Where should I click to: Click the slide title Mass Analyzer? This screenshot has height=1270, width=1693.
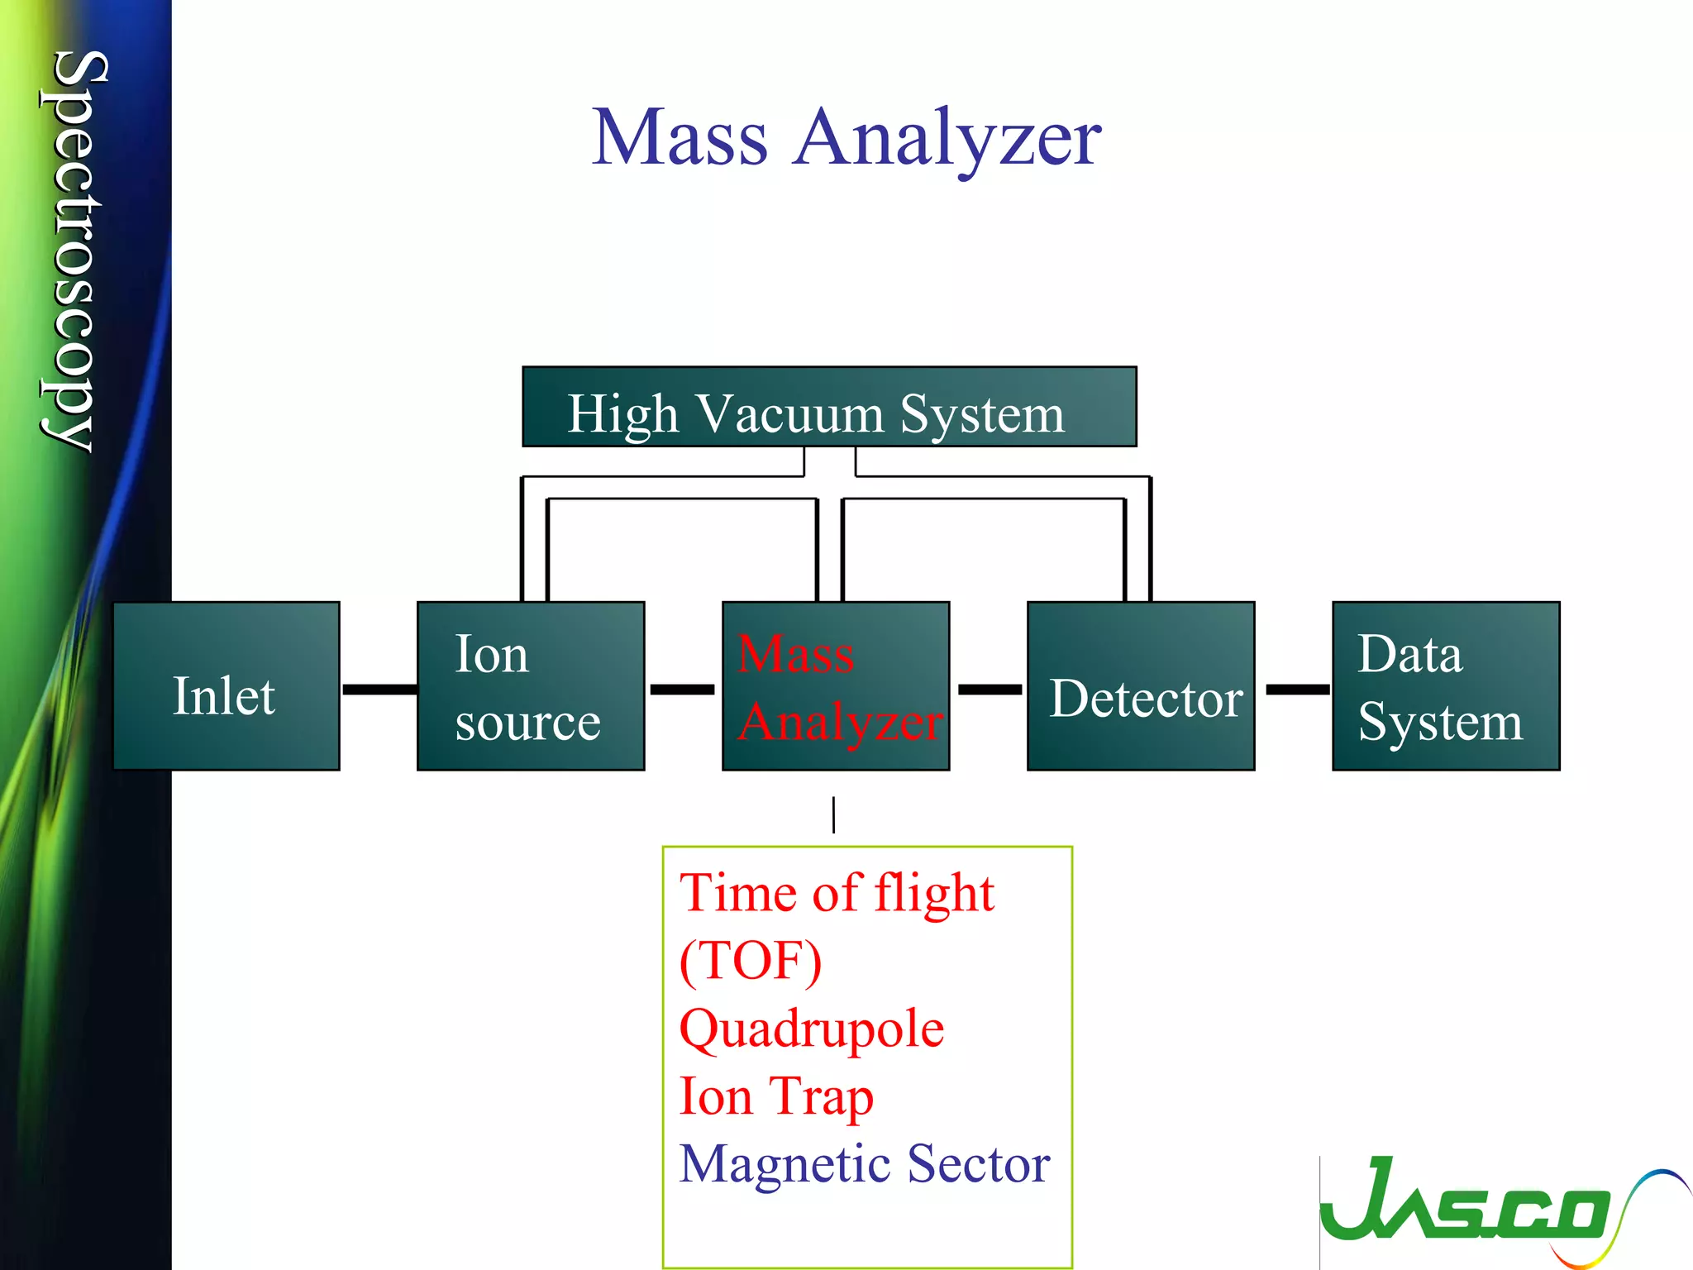tap(846, 138)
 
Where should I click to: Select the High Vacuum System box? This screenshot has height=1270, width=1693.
tap(829, 407)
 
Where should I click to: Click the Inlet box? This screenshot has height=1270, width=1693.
tap(226, 686)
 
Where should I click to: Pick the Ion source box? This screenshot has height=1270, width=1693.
tap(530, 686)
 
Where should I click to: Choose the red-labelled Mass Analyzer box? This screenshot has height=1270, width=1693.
tap(836, 686)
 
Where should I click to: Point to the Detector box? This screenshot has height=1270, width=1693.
tap(1141, 686)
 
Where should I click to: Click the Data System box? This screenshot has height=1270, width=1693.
tap(1446, 686)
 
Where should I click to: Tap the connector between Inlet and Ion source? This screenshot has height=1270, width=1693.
tap(379, 689)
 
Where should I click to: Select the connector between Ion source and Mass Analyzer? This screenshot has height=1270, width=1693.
tap(682, 689)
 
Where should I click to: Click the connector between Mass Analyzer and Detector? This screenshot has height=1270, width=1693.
tap(990, 689)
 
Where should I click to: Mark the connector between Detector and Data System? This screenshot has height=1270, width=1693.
tap(1297, 689)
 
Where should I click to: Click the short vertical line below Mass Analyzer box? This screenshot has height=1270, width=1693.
tap(833, 814)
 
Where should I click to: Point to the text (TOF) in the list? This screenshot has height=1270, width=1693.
tap(750, 961)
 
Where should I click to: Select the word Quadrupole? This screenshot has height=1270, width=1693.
tap(811, 1029)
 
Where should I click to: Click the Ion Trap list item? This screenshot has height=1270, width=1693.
tap(775, 1097)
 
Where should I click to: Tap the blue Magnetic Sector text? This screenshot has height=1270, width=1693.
tap(864, 1164)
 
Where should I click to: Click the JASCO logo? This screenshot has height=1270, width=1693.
tap(1480, 1207)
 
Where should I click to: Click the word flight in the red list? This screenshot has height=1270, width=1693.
tap(934, 894)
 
